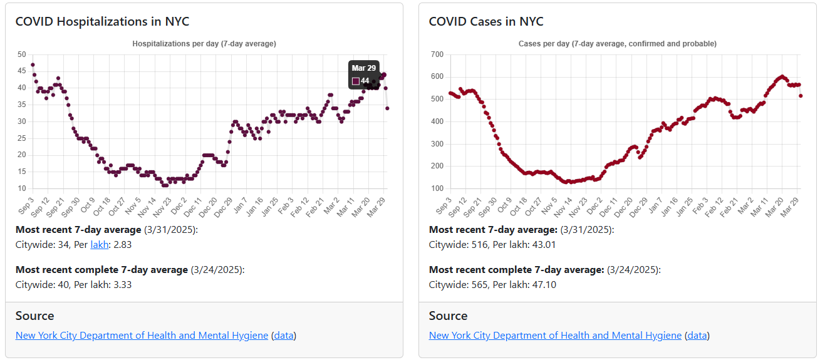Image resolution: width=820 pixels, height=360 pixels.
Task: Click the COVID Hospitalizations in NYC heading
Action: coord(102,21)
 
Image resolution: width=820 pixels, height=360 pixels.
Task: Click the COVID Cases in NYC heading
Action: coord(486,21)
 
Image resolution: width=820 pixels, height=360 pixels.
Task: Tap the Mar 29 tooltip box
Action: coord(364,75)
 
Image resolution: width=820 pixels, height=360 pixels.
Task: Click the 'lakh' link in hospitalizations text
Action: coord(99,245)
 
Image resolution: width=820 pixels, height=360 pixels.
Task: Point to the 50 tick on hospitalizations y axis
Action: coord(22,54)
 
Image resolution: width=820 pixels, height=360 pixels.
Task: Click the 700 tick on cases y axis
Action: coord(437,54)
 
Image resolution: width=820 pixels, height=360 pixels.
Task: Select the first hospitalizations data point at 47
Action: coord(33,64)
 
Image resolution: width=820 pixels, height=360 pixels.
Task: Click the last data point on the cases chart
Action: coord(801,96)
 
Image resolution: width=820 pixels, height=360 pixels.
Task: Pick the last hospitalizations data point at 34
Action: coord(387,108)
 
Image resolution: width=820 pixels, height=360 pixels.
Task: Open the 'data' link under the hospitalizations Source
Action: coord(284,336)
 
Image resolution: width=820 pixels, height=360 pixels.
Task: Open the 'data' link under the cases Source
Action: coord(697,336)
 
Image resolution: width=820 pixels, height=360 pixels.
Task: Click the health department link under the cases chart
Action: coord(555,336)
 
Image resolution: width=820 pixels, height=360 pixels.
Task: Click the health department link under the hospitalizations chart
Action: coord(142,336)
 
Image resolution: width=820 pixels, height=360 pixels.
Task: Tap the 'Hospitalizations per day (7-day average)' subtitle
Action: coord(204,44)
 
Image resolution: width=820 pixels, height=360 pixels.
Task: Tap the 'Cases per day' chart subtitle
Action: coord(618,44)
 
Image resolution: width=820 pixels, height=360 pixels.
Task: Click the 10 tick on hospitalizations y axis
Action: coord(22,188)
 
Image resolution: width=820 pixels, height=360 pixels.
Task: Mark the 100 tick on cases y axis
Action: coord(437,188)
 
